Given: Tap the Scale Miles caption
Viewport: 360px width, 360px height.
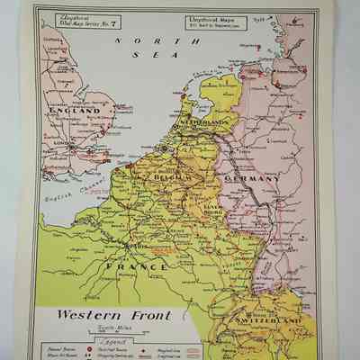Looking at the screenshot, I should pyautogui.click(x=132, y=328).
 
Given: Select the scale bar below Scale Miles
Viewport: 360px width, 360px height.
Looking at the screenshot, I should pyautogui.click(x=132, y=335).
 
